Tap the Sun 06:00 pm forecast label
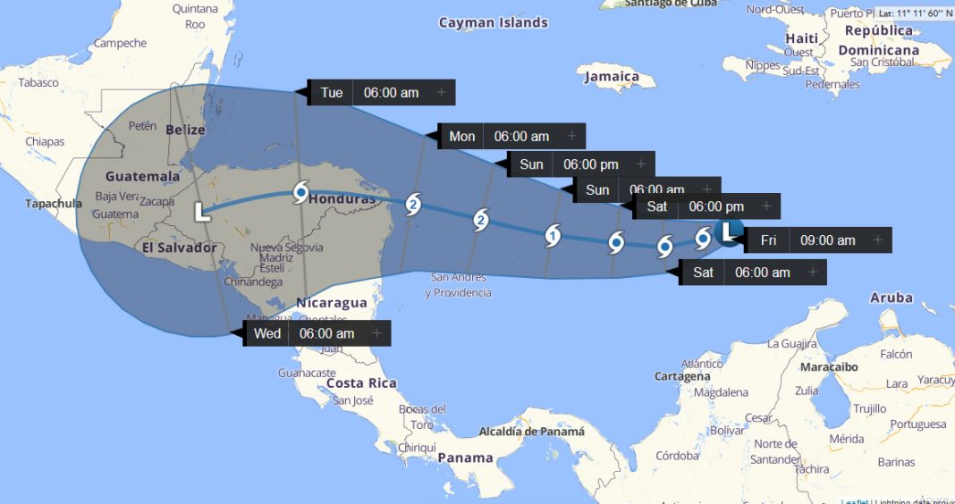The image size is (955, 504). coord(570,164)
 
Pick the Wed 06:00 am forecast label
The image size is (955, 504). coord(304,334)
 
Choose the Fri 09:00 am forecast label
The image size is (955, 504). coord(807,240)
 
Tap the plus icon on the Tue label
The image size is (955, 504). coord(441,93)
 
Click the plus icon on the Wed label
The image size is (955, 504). coord(376,334)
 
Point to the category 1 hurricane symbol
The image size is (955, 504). coord(553,236)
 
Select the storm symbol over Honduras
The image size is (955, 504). coord(301,193)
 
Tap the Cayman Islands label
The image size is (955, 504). coord(493,23)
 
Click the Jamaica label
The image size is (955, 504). coord(612,77)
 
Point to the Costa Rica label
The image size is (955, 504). coord(360,382)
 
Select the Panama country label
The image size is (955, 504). coord(465,458)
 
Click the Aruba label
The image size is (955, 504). coord(891,298)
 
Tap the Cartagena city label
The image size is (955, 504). coord(682,376)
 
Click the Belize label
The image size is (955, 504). coord(185,130)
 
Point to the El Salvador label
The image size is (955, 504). coord(179,247)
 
